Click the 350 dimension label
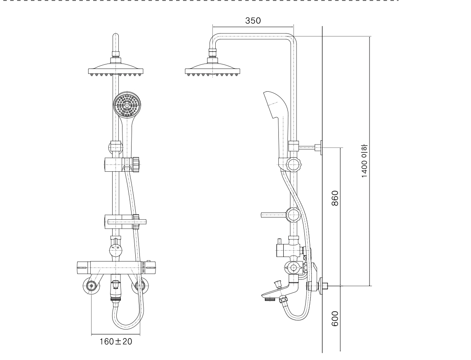[x=253, y=21]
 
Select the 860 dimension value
[x=335, y=198]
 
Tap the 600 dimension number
[x=335, y=319]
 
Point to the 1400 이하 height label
[x=365, y=161]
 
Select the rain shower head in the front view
[x=115, y=69]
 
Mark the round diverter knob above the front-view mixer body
[x=116, y=250]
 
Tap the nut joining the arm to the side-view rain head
[x=212, y=53]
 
